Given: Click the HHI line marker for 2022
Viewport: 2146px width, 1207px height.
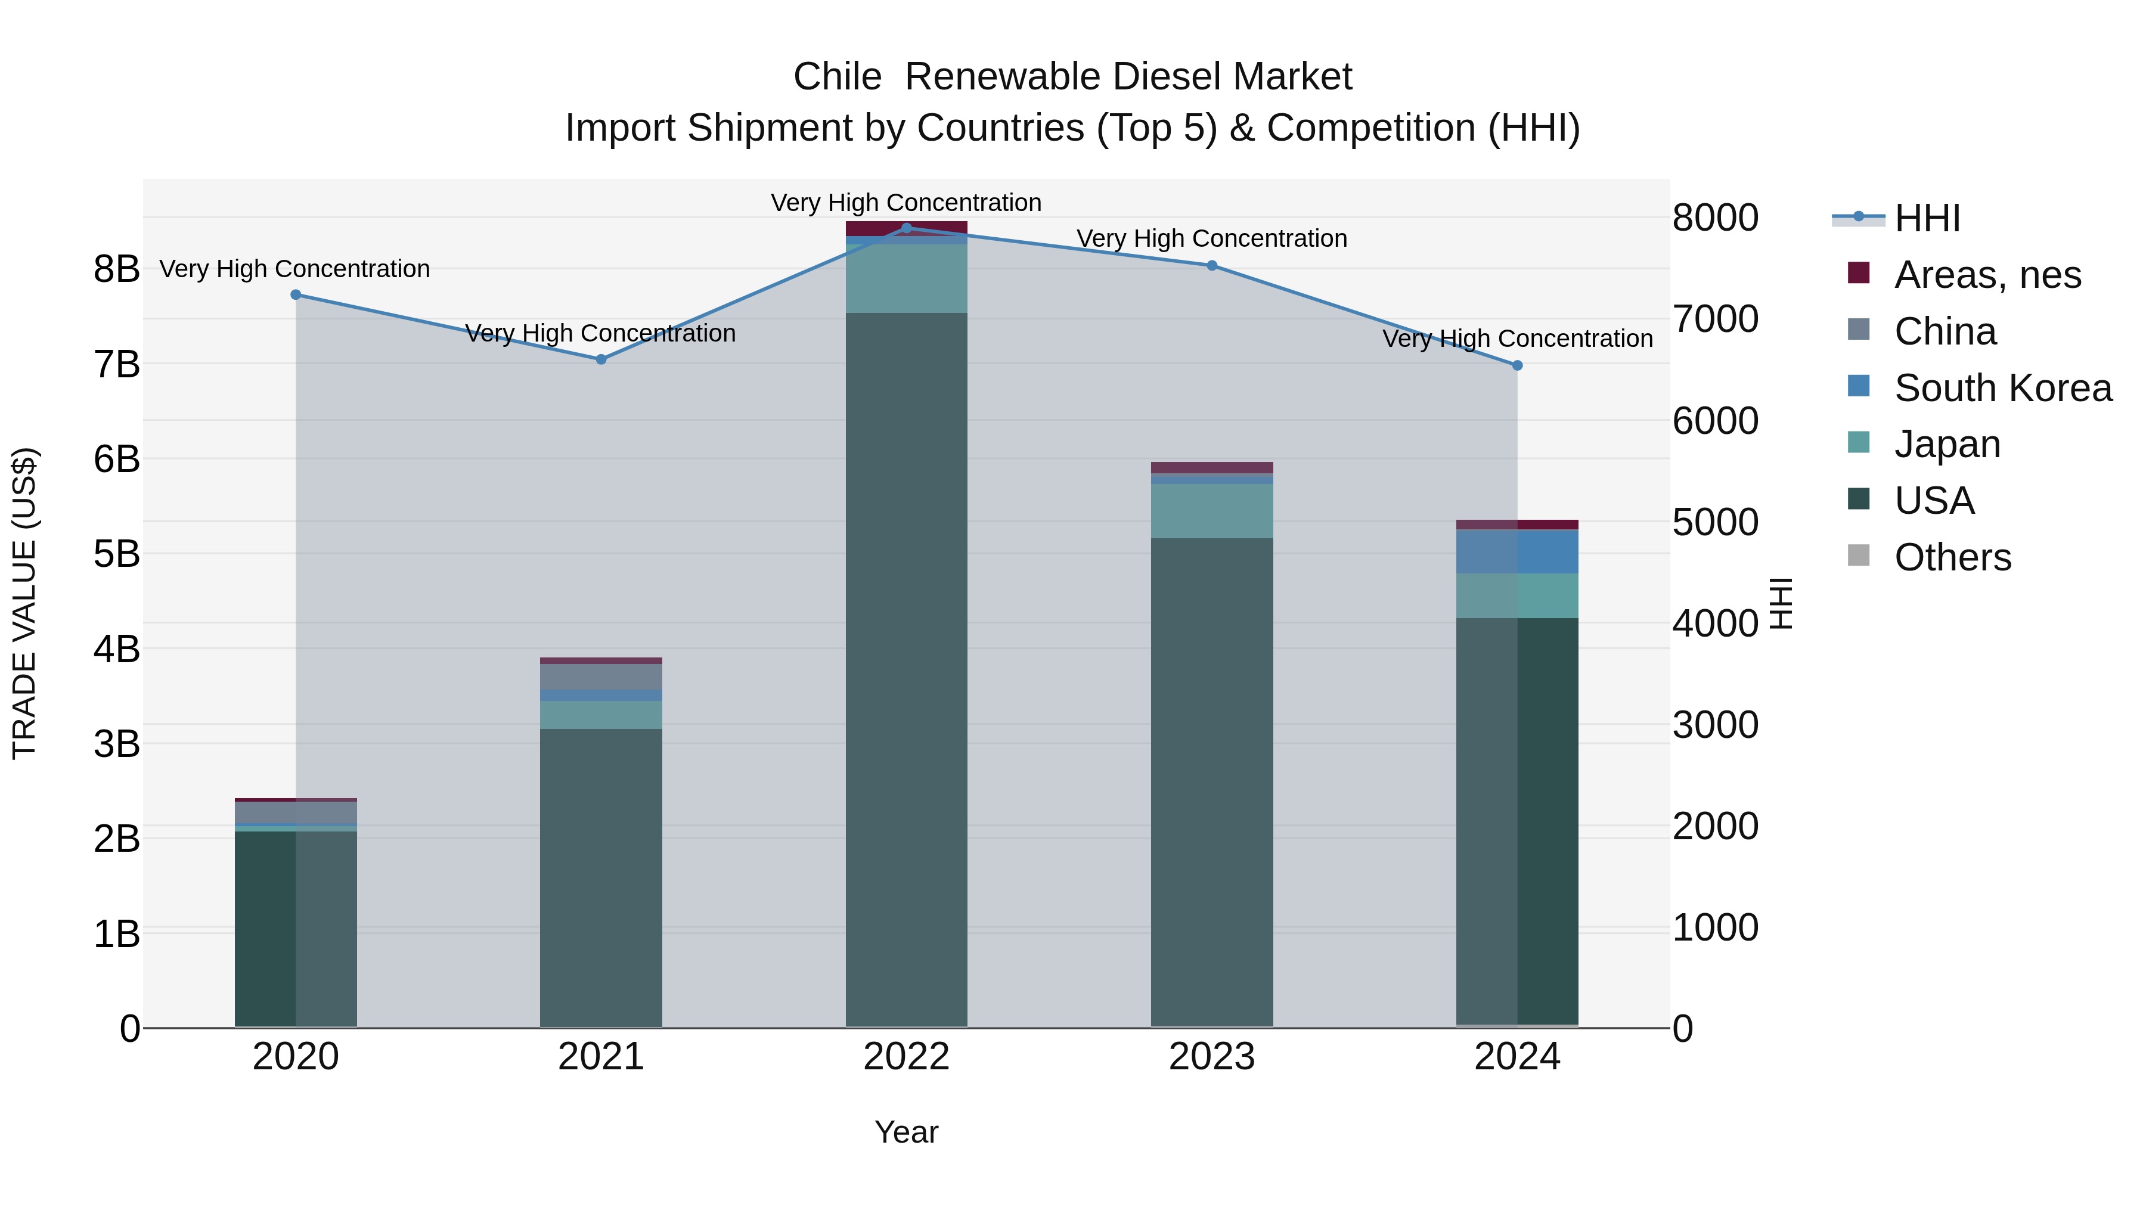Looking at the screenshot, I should click(906, 228).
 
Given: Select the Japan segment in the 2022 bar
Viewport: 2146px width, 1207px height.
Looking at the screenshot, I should click(906, 278).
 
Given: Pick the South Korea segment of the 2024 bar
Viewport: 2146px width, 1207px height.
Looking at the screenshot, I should click(1517, 551).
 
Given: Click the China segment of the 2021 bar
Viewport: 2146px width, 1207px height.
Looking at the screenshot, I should click(601, 677).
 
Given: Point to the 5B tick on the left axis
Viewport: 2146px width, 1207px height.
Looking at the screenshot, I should click(117, 554).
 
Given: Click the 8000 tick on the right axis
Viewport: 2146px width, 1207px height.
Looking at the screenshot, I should click(1715, 218).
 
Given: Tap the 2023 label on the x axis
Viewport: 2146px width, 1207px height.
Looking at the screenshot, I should click(1211, 1057).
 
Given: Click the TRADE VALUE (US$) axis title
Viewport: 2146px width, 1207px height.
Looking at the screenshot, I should click(24, 603).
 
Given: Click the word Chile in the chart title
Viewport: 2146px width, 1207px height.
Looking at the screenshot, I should click(836, 77).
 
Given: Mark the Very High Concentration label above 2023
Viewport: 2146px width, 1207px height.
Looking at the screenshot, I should click(1211, 239).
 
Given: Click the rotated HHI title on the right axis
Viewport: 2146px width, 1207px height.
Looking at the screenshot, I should click(1779, 603).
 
